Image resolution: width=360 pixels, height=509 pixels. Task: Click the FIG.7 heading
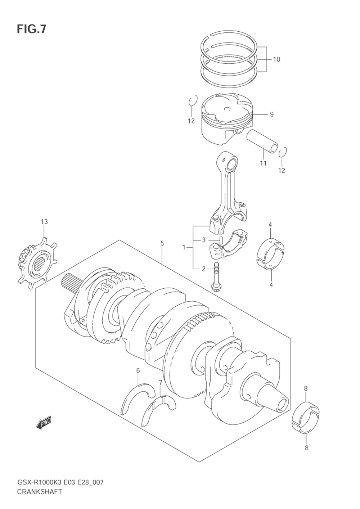coord(31,29)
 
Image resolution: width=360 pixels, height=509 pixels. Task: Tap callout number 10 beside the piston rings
coord(276,59)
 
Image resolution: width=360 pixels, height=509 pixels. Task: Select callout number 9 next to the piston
coord(271,114)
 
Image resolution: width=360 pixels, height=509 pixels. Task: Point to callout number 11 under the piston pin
coord(263,163)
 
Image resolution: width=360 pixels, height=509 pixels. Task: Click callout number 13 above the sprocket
coord(44,221)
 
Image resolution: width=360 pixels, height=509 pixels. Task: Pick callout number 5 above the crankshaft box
coord(162,243)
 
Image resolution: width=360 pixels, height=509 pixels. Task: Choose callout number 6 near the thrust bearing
coord(138,371)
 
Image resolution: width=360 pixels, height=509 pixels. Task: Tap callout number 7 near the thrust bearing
coord(161,383)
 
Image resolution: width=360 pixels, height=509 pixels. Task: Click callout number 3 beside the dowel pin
coord(204,240)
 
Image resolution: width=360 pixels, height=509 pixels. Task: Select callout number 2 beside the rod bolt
coord(203,269)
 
